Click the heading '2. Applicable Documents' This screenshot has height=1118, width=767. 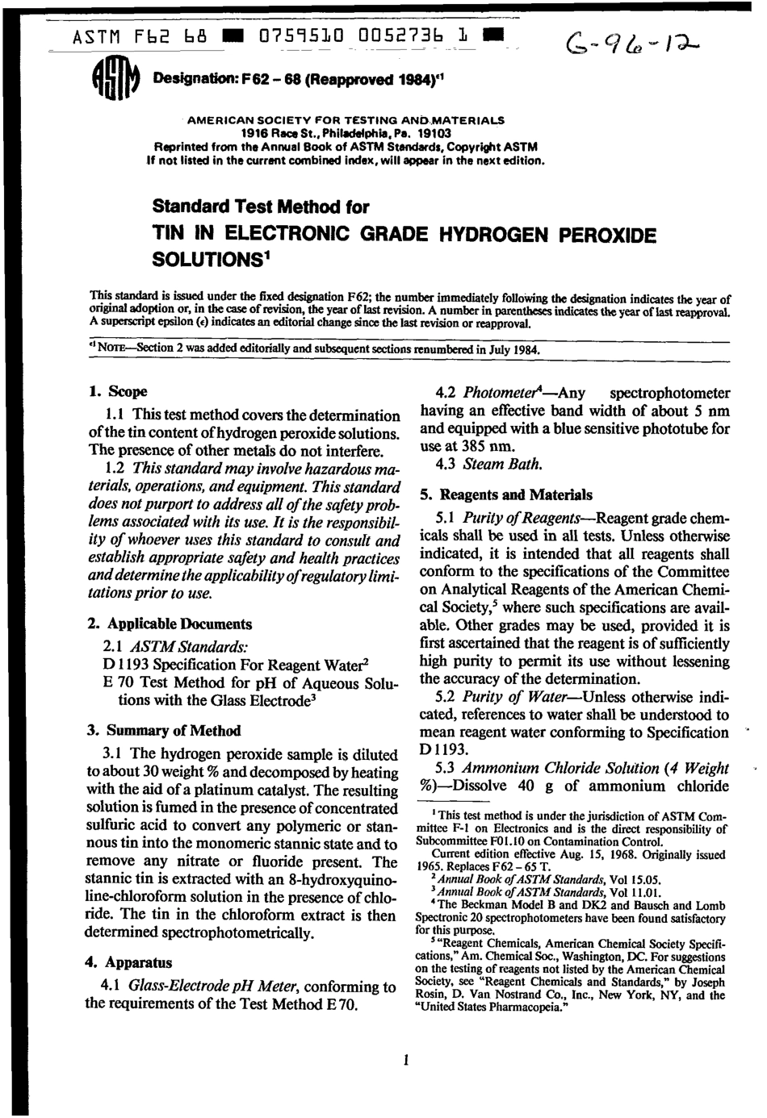169,624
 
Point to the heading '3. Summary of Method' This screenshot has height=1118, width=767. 163,731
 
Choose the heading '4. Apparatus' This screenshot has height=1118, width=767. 128,962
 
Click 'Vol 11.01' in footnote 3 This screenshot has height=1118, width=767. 635,893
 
